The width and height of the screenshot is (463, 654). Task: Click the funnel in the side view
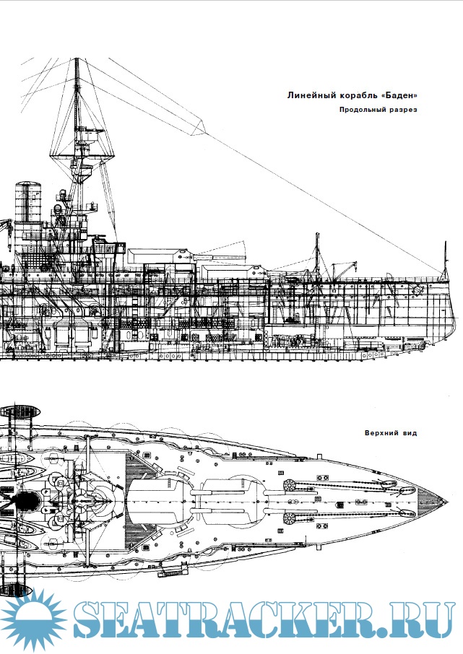(x=28, y=201)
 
